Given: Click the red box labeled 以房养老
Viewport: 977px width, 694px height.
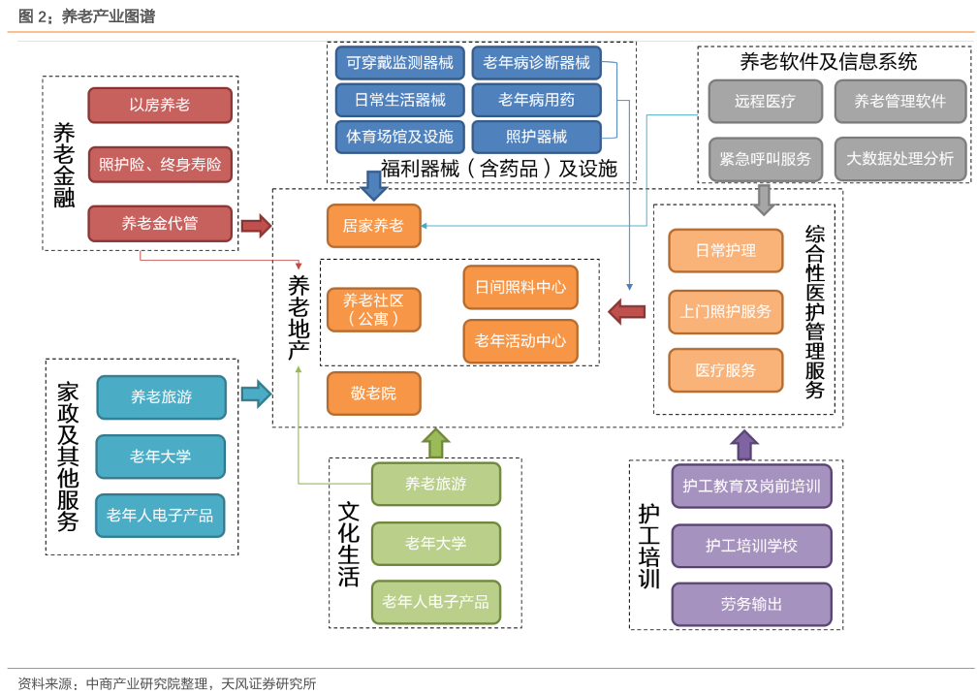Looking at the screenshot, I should coord(160,106).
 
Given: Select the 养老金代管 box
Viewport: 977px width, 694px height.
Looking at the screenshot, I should coord(160,223).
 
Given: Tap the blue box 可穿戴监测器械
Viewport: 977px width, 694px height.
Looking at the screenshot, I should coord(400,64).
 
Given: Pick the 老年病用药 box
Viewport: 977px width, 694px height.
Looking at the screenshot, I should coord(536,100).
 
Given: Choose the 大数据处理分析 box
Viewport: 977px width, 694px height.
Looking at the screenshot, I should coord(899,159).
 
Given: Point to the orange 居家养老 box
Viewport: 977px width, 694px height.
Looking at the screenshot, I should coord(373,226).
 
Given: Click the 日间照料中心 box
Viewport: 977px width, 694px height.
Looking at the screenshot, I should coord(520,287).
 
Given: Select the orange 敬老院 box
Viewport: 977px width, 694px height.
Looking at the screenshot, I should coord(373,394).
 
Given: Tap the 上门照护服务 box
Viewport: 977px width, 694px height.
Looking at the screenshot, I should coord(726,311).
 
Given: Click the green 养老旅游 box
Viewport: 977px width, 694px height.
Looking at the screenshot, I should coord(436,484).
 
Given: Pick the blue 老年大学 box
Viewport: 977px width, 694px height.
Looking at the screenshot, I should coord(161,457).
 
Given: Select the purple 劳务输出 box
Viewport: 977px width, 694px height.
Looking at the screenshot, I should coord(751,604).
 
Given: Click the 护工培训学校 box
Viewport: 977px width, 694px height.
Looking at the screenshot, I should coord(751,546).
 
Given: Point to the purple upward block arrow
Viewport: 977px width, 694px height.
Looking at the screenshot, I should coord(744,445).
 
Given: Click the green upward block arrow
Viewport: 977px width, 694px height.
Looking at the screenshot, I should coord(436,443).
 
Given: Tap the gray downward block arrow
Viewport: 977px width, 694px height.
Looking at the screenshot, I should coord(764,198).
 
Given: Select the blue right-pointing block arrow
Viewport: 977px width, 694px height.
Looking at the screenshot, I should coord(255,394).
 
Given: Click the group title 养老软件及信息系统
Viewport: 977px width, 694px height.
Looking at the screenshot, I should coord(829,62).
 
